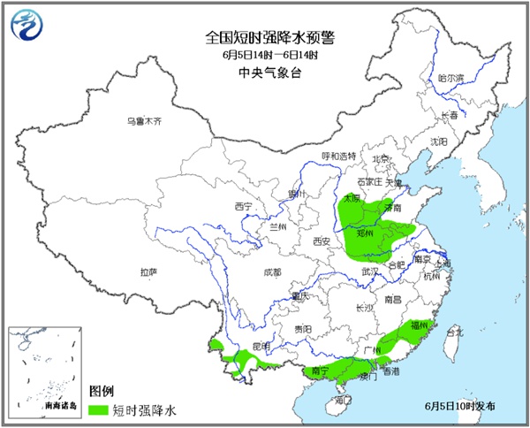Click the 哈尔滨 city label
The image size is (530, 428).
coord(450,78)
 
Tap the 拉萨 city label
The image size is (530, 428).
coord(148,271)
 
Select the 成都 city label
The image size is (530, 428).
coord(272,271)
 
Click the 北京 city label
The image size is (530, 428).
coord(381,159)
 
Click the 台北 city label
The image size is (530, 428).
coord(454,332)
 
